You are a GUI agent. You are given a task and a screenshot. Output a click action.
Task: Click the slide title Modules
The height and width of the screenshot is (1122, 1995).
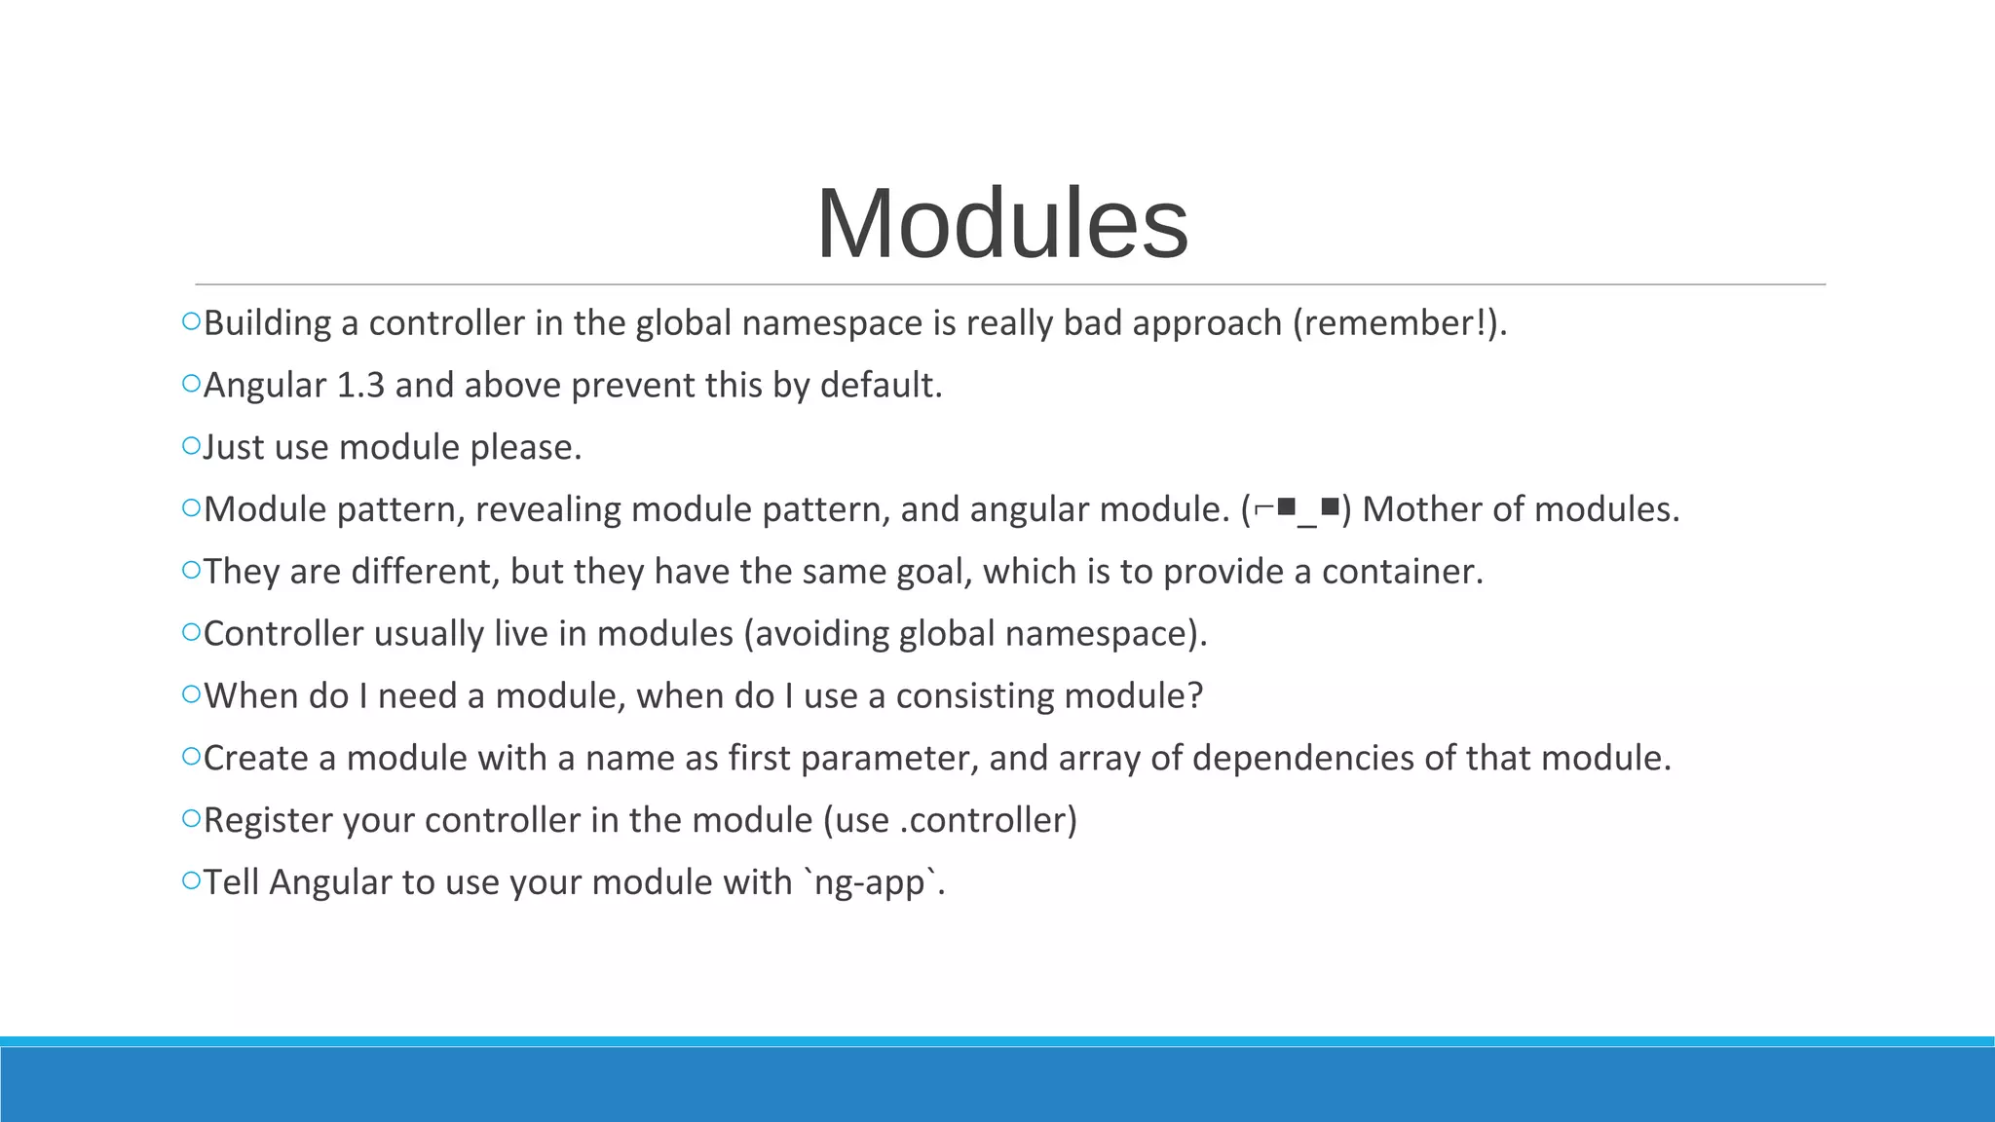pos(1002,224)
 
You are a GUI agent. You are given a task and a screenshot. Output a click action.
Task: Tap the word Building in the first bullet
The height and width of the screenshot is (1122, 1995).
pos(267,323)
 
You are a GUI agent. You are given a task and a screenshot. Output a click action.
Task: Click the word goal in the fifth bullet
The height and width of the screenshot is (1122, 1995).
pos(934,572)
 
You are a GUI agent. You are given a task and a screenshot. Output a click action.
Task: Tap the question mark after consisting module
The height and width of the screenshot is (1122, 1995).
pos(1195,696)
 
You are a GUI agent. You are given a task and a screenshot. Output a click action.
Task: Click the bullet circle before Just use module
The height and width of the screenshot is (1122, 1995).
pos(191,446)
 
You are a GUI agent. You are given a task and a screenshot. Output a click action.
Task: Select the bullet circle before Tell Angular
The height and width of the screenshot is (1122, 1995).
pos(191,880)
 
